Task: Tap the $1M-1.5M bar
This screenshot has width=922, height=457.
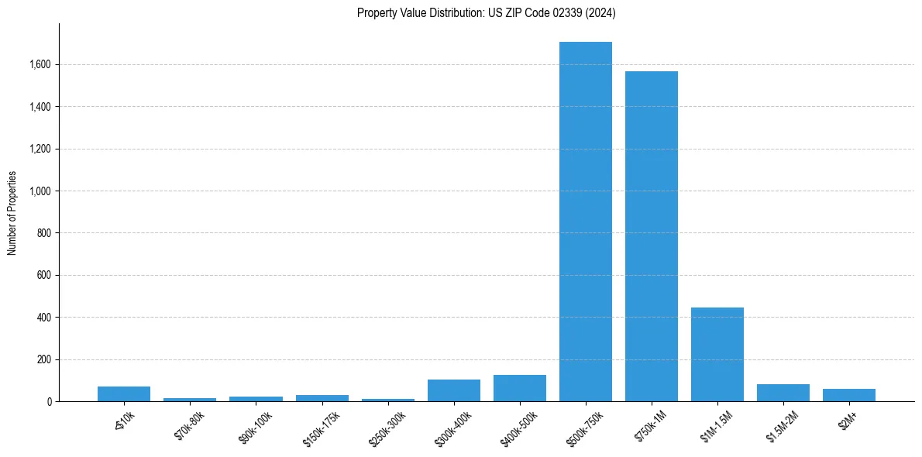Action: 717,355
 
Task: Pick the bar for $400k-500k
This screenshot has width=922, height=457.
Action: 520,388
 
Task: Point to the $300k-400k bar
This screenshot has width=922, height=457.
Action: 454,390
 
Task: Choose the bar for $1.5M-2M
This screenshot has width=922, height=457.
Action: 783,393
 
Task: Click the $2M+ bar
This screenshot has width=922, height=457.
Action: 849,395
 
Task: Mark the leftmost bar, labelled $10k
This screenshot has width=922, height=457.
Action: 124,393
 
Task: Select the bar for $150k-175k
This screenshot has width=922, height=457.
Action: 322,398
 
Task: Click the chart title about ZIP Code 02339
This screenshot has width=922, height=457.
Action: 487,12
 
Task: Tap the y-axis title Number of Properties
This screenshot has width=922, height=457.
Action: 12,213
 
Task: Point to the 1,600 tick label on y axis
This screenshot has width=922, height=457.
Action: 40,64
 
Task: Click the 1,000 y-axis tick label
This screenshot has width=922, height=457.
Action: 40,191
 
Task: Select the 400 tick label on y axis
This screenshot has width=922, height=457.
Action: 45,318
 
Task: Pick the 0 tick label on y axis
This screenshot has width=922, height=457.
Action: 50,402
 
